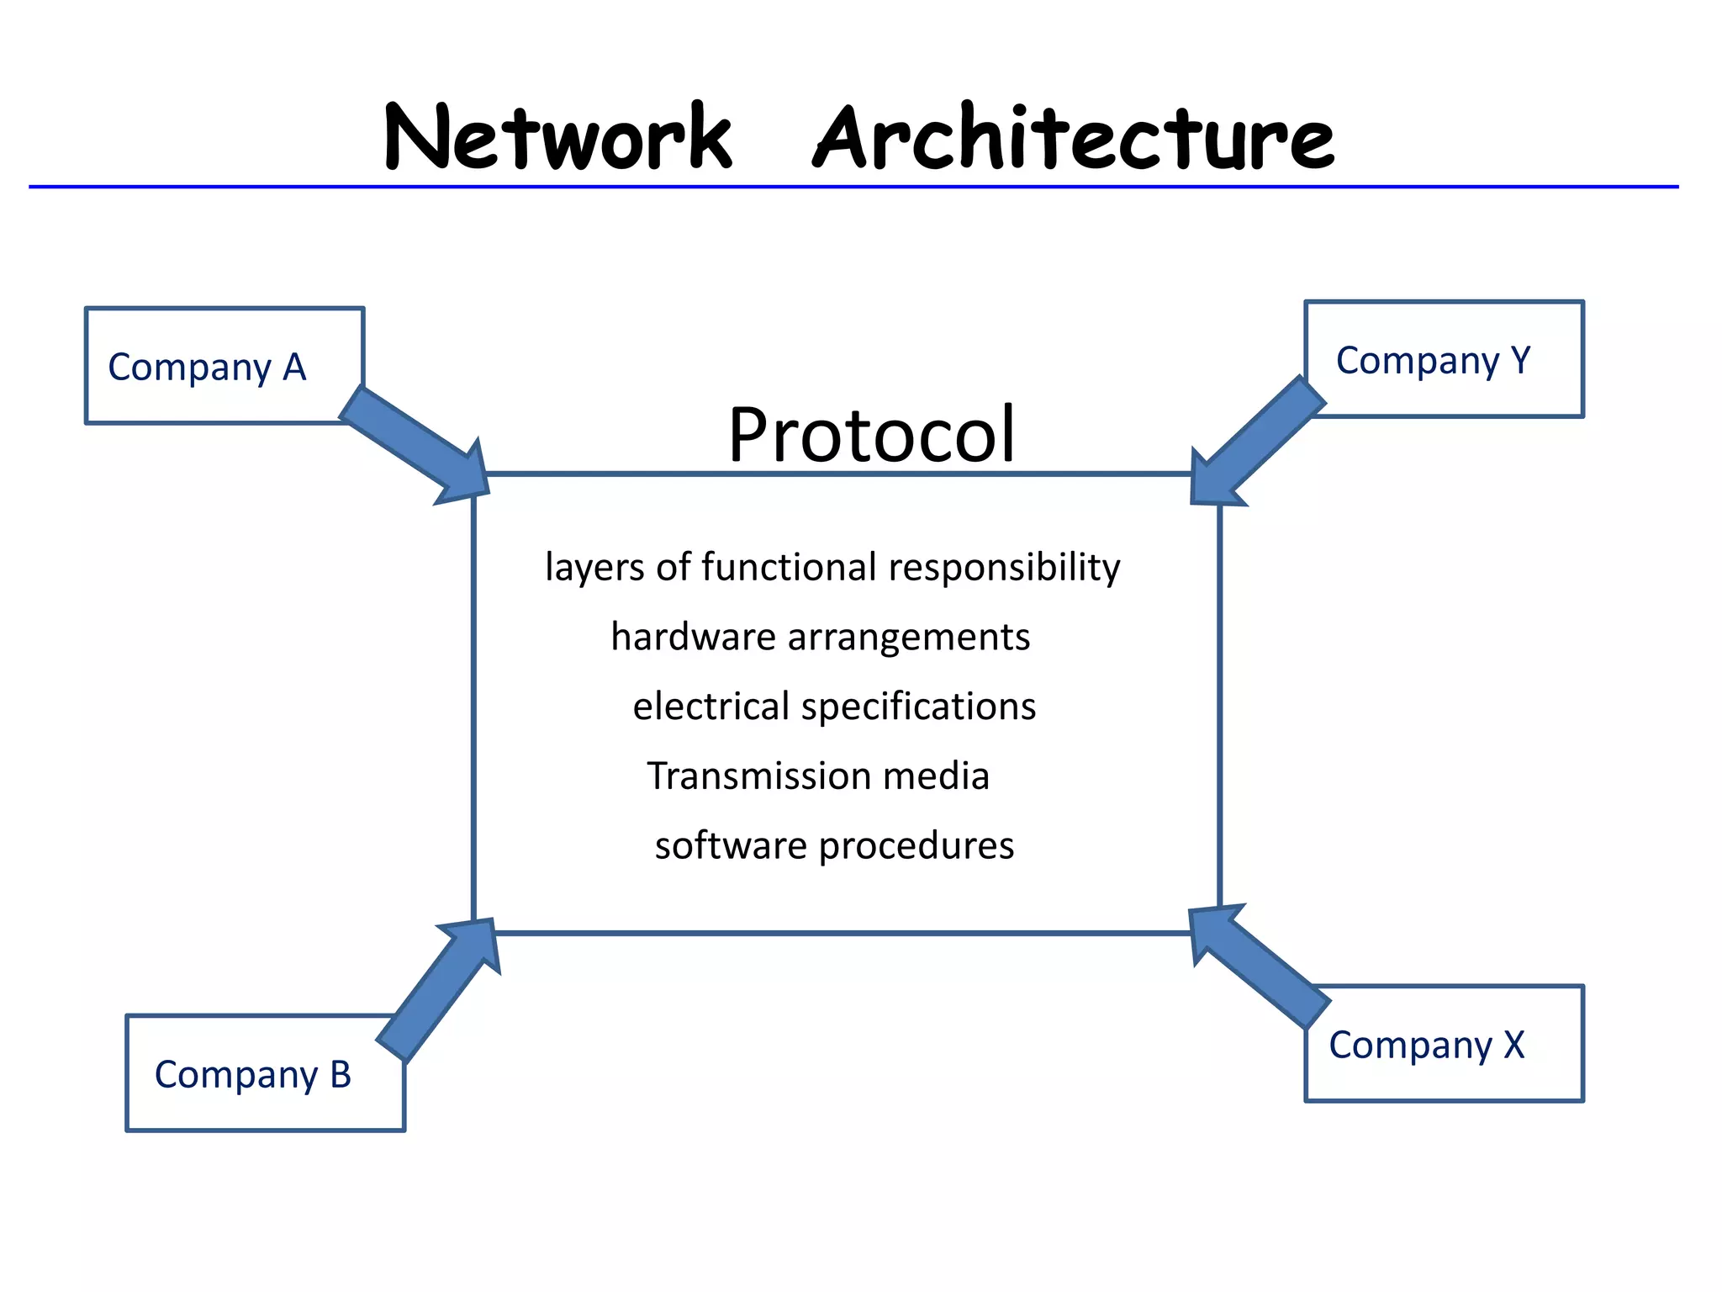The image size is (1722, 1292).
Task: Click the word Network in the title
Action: (558, 137)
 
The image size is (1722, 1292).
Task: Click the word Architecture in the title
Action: (1074, 137)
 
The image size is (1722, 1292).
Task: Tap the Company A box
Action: (207, 367)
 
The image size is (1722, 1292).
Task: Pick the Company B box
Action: (252, 1075)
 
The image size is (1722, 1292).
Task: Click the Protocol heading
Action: (872, 434)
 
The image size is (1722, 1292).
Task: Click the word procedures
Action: (916, 845)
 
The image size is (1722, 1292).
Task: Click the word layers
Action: (595, 567)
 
